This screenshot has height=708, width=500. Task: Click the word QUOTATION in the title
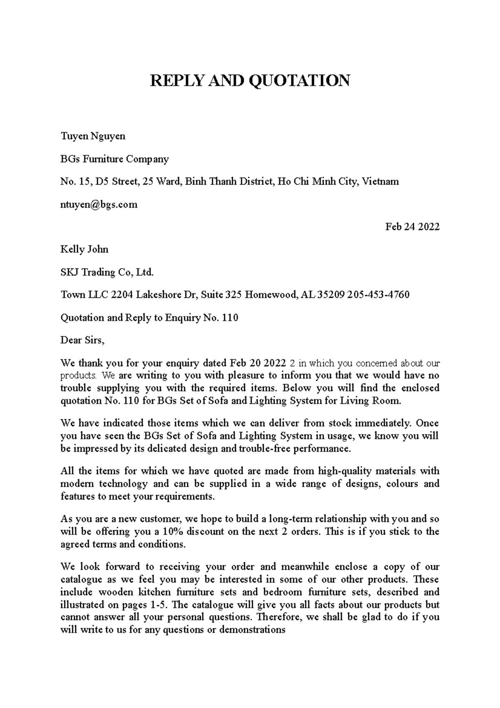pos(299,80)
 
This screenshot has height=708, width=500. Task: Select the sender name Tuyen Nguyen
pos(93,136)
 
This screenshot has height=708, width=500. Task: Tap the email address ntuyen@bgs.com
pos(99,204)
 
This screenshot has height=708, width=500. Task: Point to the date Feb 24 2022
pos(412,227)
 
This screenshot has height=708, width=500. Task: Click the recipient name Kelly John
pos(84,249)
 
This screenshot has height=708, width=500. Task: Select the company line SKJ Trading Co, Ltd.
pos(107,272)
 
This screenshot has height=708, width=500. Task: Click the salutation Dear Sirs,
pos(82,340)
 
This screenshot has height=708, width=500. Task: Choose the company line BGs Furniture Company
pos(115,159)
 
